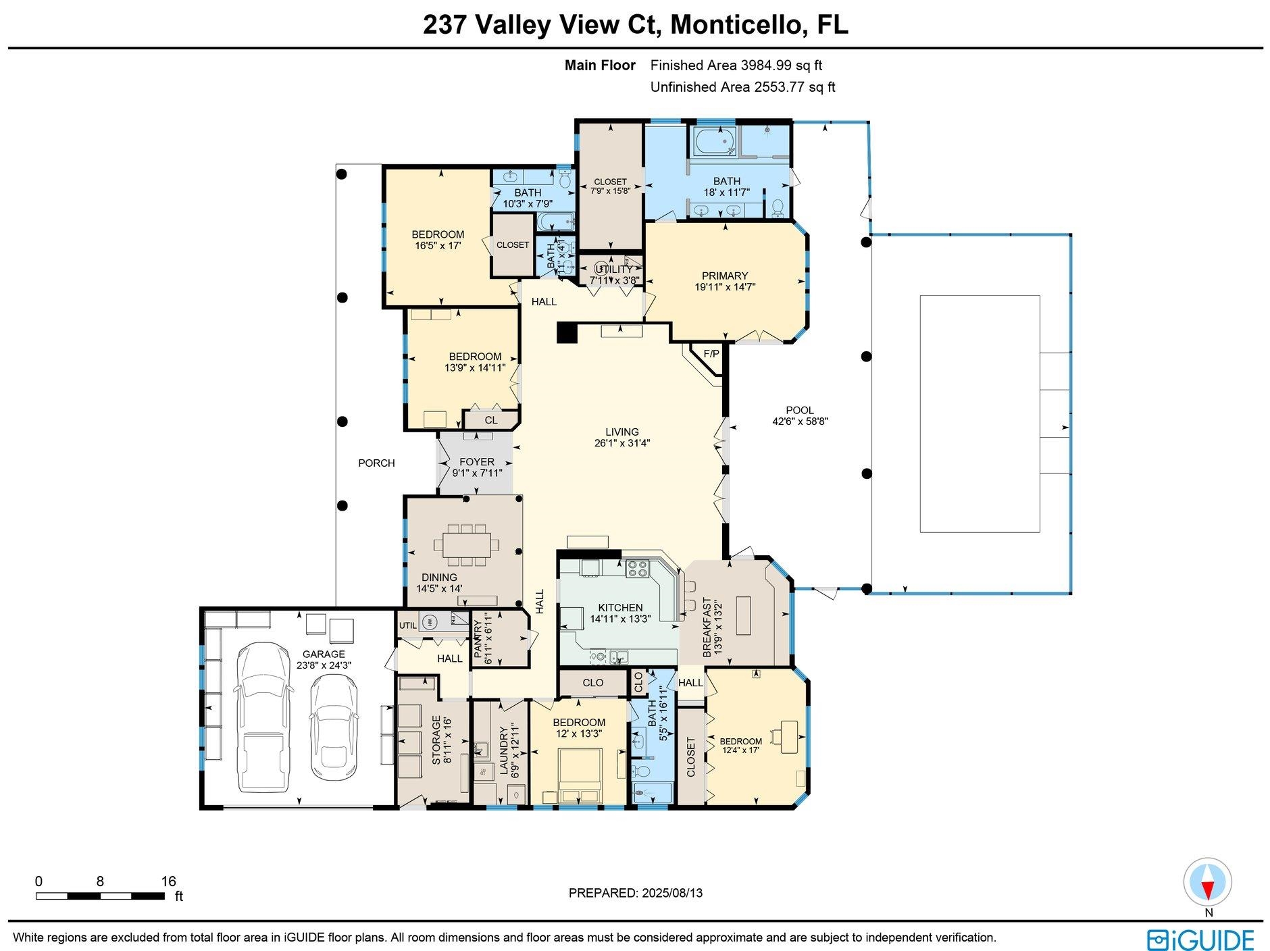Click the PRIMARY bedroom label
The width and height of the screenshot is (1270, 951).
click(x=724, y=276)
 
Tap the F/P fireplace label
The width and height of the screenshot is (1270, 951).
click(x=711, y=353)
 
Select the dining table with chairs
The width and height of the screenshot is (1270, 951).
click(x=467, y=544)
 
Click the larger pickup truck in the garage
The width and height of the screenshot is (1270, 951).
click(x=264, y=717)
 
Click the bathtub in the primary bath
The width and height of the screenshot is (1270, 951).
click(x=714, y=143)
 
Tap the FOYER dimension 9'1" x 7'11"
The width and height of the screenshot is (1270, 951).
click(x=477, y=473)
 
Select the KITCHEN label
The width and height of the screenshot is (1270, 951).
click(x=620, y=607)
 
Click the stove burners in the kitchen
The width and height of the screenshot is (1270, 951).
click(x=637, y=569)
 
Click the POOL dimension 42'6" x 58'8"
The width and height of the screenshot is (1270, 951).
click(x=800, y=421)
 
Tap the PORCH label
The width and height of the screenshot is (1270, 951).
click(x=376, y=463)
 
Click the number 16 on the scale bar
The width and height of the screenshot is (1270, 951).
click(x=168, y=881)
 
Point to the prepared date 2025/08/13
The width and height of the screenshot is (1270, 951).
click(x=670, y=893)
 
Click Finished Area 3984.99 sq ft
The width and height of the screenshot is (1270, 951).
click(x=736, y=66)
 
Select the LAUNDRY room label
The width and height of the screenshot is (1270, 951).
click(x=504, y=753)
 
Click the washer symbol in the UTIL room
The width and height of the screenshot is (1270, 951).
click(x=428, y=621)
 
